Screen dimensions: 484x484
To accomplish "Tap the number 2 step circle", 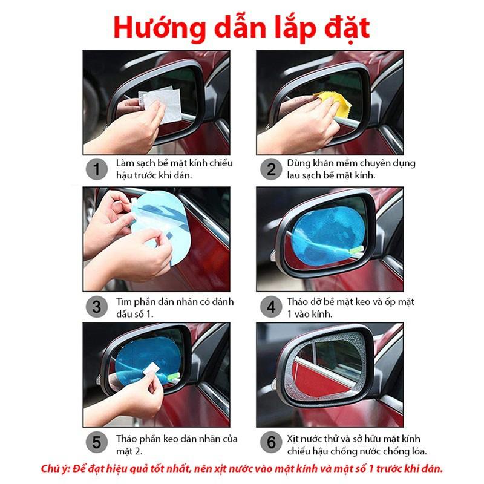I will point(271,169).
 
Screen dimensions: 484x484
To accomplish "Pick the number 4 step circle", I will point(271,306).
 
